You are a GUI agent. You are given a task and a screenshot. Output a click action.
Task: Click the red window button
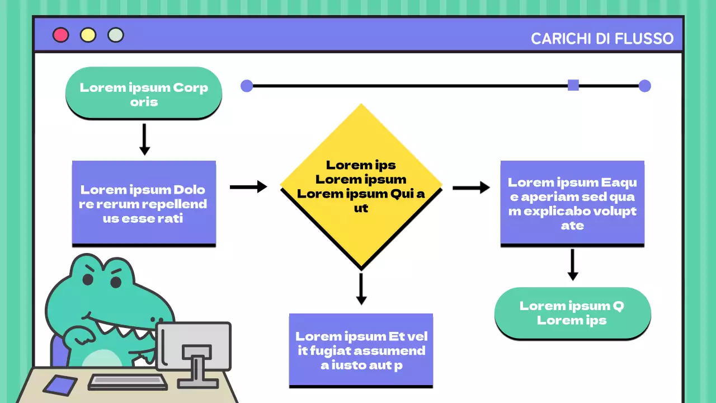click(x=60, y=35)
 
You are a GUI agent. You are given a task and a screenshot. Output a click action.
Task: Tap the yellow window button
click(x=88, y=35)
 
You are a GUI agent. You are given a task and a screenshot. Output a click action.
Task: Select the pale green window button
click(x=115, y=35)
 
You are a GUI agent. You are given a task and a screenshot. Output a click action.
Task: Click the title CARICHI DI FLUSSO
click(x=602, y=39)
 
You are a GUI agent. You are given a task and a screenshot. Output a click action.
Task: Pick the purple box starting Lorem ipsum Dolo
click(x=144, y=203)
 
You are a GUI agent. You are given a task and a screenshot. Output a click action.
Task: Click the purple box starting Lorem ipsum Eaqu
click(x=572, y=203)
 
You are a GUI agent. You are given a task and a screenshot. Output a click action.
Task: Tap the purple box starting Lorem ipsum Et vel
click(x=361, y=350)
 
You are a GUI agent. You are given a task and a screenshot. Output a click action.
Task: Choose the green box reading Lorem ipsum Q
click(x=572, y=312)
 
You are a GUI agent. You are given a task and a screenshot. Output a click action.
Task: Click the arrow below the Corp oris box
click(x=144, y=139)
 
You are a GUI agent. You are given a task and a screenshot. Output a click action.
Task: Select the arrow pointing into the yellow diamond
click(x=248, y=187)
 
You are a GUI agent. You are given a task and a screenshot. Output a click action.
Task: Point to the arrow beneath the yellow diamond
click(x=361, y=289)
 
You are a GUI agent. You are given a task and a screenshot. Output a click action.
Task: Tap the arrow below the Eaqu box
click(x=572, y=264)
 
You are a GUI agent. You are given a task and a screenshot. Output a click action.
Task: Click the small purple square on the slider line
click(x=573, y=85)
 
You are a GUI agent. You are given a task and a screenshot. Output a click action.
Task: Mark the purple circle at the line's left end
click(x=247, y=86)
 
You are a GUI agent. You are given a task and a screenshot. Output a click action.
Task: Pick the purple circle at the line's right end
click(x=644, y=86)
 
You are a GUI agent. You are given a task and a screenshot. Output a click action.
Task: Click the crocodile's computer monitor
click(x=194, y=345)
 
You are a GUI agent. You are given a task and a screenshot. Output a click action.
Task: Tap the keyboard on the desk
click(x=128, y=382)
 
